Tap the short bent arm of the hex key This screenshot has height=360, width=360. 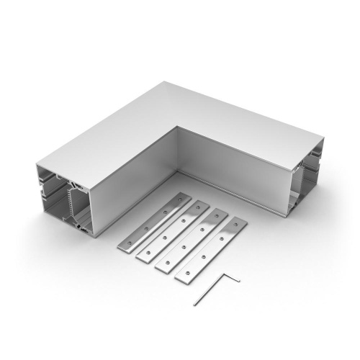[x=232, y=278]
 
